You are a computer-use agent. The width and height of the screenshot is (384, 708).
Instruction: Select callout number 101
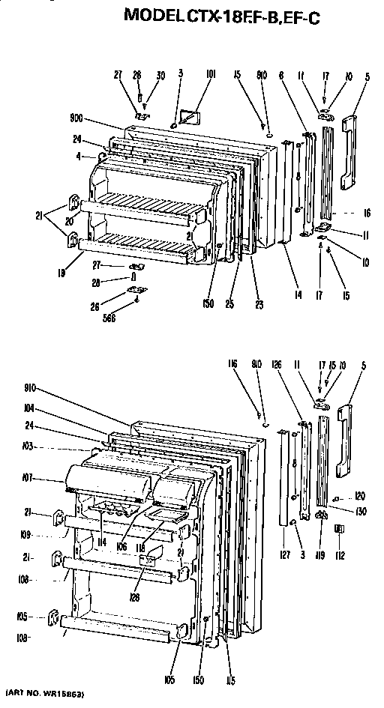pos(211,74)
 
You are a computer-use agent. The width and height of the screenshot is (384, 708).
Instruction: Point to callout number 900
pos(77,119)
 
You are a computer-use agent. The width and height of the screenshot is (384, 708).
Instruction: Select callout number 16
pos(367,213)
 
